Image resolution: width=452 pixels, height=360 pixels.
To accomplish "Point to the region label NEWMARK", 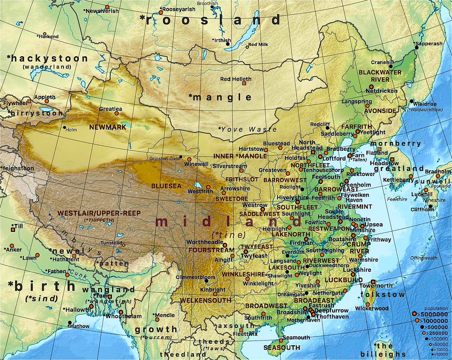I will (107, 127).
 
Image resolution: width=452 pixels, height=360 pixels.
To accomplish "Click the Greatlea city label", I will (110, 109).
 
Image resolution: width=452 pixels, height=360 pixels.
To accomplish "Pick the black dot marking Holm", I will (64, 127).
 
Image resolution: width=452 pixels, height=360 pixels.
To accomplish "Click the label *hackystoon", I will (47, 58).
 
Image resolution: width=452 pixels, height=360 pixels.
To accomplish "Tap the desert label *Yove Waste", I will (247, 129).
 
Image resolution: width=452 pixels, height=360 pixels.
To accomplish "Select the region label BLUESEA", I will (166, 186).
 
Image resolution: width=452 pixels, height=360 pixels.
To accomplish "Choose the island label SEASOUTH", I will (282, 347).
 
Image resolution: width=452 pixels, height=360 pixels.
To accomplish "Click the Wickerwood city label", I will (372, 308).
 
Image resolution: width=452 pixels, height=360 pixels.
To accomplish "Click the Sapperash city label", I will (429, 44).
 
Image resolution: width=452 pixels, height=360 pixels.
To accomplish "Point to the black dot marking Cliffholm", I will (430, 207).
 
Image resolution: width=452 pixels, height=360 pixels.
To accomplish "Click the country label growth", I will (156, 329).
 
